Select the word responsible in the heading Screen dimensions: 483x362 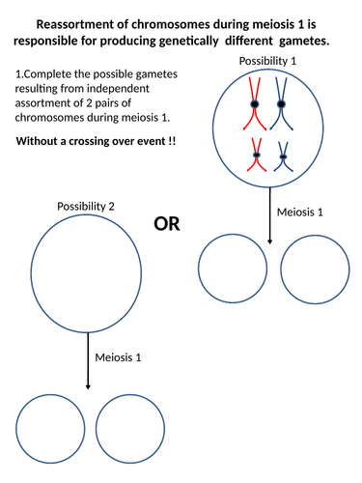(x=55, y=43)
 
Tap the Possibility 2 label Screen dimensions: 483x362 (x=85, y=207)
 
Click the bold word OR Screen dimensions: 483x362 (x=168, y=224)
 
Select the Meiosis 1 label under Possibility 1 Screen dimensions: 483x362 (x=302, y=212)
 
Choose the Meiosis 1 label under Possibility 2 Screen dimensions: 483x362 (x=119, y=356)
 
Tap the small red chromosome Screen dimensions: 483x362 (x=256, y=156)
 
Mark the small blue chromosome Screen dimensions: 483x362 (x=282, y=156)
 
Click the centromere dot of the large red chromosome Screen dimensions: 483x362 (x=255, y=102)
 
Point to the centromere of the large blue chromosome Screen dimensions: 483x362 (x=281, y=102)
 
